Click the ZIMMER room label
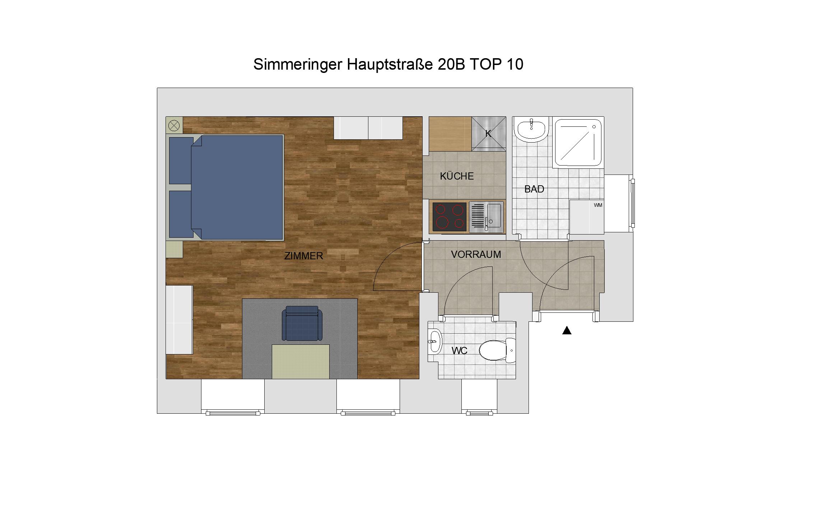coord(303,256)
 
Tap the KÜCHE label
coord(457,176)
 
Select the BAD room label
coord(534,189)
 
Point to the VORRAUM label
coord(476,254)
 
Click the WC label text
coord(459,350)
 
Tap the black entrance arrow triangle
coord(567,330)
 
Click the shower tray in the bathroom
coord(578,142)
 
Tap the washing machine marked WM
coord(587,217)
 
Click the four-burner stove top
coord(449,217)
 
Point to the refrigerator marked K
coord(488,134)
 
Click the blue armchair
coord(302,323)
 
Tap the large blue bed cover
coord(237,187)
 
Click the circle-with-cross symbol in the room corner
coord(174,126)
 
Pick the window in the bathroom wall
coord(633,203)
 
